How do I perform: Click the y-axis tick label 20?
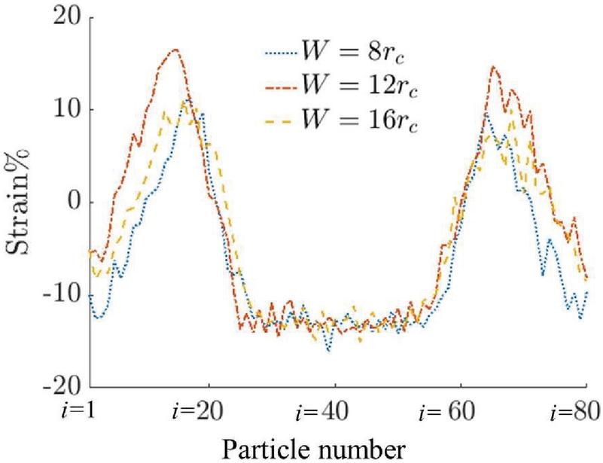[63, 17]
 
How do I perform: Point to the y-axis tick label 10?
[63, 110]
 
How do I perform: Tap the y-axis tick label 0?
[72, 203]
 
